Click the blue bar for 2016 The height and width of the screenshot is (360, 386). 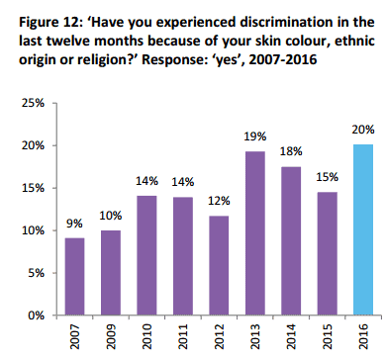click(x=363, y=229)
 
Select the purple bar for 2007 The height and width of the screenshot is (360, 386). click(x=74, y=276)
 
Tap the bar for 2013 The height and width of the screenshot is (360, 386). click(x=255, y=233)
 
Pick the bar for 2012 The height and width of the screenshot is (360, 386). click(x=219, y=265)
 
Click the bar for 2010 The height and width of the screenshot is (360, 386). click(x=146, y=255)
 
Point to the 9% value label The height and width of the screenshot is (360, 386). click(x=74, y=224)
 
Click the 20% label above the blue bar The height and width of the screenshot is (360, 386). click(x=363, y=130)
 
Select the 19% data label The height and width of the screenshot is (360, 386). click(x=255, y=136)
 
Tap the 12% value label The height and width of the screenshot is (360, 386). click(x=219, y=201)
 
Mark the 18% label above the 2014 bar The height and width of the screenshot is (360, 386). click(x=291, y=151)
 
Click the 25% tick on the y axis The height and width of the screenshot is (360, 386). click(x=33, y=103)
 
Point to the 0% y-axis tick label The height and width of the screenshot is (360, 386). click(x=37, y=315)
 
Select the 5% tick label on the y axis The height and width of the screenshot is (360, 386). click(x=37, y=273)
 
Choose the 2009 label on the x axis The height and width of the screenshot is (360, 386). click(x=111, y=336)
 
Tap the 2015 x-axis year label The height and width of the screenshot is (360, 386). click(x=328, y=336)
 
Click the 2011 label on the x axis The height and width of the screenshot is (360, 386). click(x=183, y=336)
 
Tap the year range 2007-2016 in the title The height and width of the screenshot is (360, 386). click(x=283, y=60)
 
